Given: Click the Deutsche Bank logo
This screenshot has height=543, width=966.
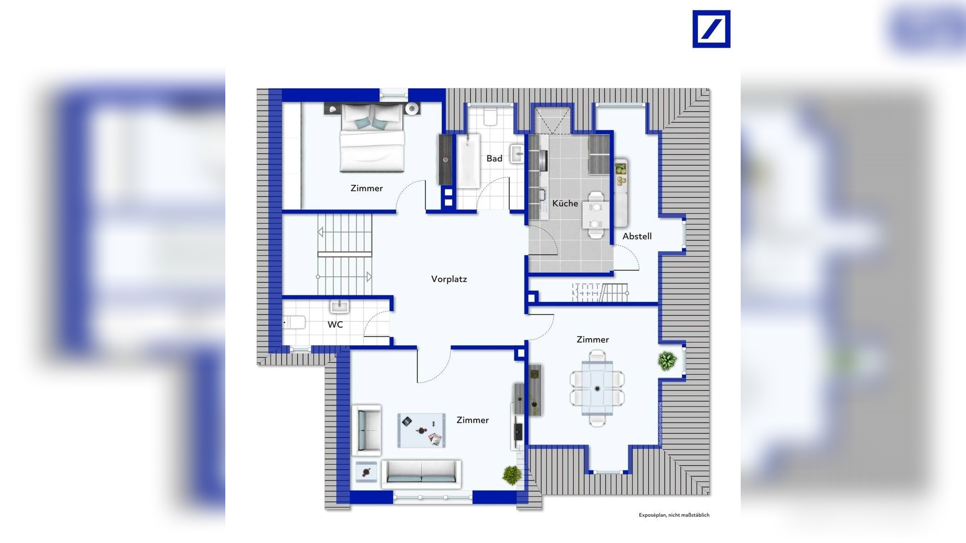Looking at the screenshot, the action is tap(711, 29).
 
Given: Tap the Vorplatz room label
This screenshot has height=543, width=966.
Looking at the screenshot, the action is tap(449, 279).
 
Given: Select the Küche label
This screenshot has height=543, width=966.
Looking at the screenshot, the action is tap(565, 203).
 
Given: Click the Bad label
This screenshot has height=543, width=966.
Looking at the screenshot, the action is tap(494, 158).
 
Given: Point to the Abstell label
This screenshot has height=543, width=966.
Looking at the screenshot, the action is tap(637, 236).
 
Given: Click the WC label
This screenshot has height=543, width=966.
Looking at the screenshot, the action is tap(335, 325).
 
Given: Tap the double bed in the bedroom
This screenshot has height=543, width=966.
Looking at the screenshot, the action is tap(372, 138).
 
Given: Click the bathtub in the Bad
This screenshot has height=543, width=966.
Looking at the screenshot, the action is tap(469, 161).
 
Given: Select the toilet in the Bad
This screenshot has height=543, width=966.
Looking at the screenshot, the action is tap(491, 116).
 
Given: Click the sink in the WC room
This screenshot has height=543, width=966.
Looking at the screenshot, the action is tap(340, 306).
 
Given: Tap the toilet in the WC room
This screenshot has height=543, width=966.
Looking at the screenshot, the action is tap(294, 322).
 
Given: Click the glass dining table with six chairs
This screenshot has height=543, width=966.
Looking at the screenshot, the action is tap(597, 388).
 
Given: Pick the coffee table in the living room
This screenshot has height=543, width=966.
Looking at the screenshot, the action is tap(421, 430).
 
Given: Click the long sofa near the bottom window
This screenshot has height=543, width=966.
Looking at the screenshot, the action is tap(421, 473).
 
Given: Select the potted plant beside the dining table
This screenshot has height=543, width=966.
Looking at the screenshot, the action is tap(667, 361).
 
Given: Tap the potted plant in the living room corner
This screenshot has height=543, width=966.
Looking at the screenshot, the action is tap(512, 475).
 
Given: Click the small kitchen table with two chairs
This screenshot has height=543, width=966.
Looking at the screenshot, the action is tap(596, 215).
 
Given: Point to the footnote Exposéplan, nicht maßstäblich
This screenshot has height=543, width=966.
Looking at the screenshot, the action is tap(674, 515).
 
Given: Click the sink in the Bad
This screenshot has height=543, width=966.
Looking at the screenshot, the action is tap(517, 154).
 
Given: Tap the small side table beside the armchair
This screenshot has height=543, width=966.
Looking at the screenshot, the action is tap(366, 472).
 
